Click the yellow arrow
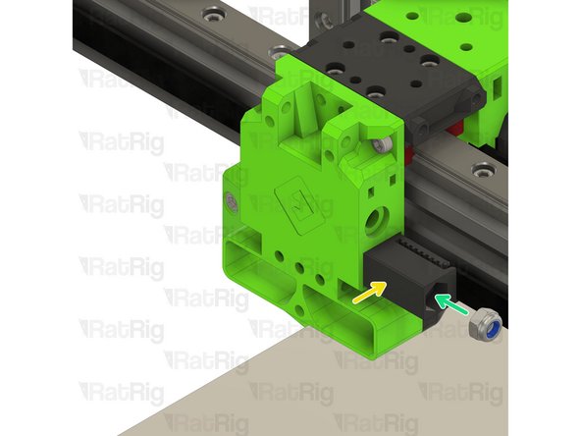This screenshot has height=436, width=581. point(369,293)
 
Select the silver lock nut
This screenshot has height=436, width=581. point(486,323)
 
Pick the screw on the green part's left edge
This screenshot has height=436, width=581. point(232,202)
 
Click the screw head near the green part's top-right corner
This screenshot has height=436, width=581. point(382,144)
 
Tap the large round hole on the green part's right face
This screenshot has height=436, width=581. point(377,221)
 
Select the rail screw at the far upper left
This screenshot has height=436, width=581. point(214,15)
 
